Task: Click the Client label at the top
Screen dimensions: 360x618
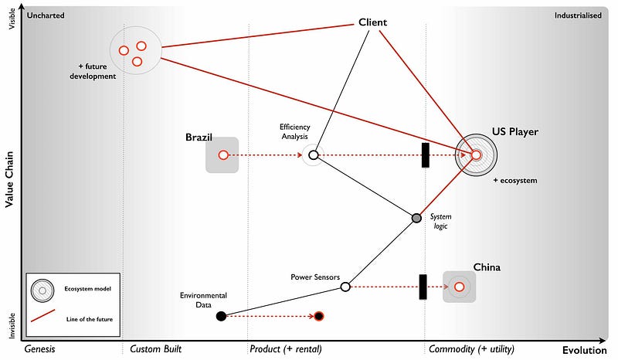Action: coord(372,22)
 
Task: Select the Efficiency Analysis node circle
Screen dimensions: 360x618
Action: coord(314,155)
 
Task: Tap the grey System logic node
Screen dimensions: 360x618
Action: coord(416,219)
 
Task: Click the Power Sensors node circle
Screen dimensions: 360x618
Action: coord(345,287)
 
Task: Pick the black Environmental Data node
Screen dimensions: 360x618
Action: coord(221,315)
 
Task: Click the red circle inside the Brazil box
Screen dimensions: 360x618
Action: coord(223,155)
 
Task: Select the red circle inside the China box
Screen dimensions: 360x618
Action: coord(459,287)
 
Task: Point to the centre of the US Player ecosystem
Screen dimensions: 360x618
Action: coord(476,155)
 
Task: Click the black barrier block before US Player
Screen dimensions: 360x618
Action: coord(425,155)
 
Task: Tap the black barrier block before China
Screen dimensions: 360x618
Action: coord(423,287)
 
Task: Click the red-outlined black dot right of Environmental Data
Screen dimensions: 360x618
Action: coord(319,316)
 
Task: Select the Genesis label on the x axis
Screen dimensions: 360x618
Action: coord(39,349)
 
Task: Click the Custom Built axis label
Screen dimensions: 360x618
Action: coord(155,349)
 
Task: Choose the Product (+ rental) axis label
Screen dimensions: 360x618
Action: coord(285,349)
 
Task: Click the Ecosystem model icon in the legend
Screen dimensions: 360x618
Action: coord(42,290)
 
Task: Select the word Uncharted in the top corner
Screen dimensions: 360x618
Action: coord(46,15)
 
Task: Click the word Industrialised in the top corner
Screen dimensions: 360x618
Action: coord(578,15)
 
